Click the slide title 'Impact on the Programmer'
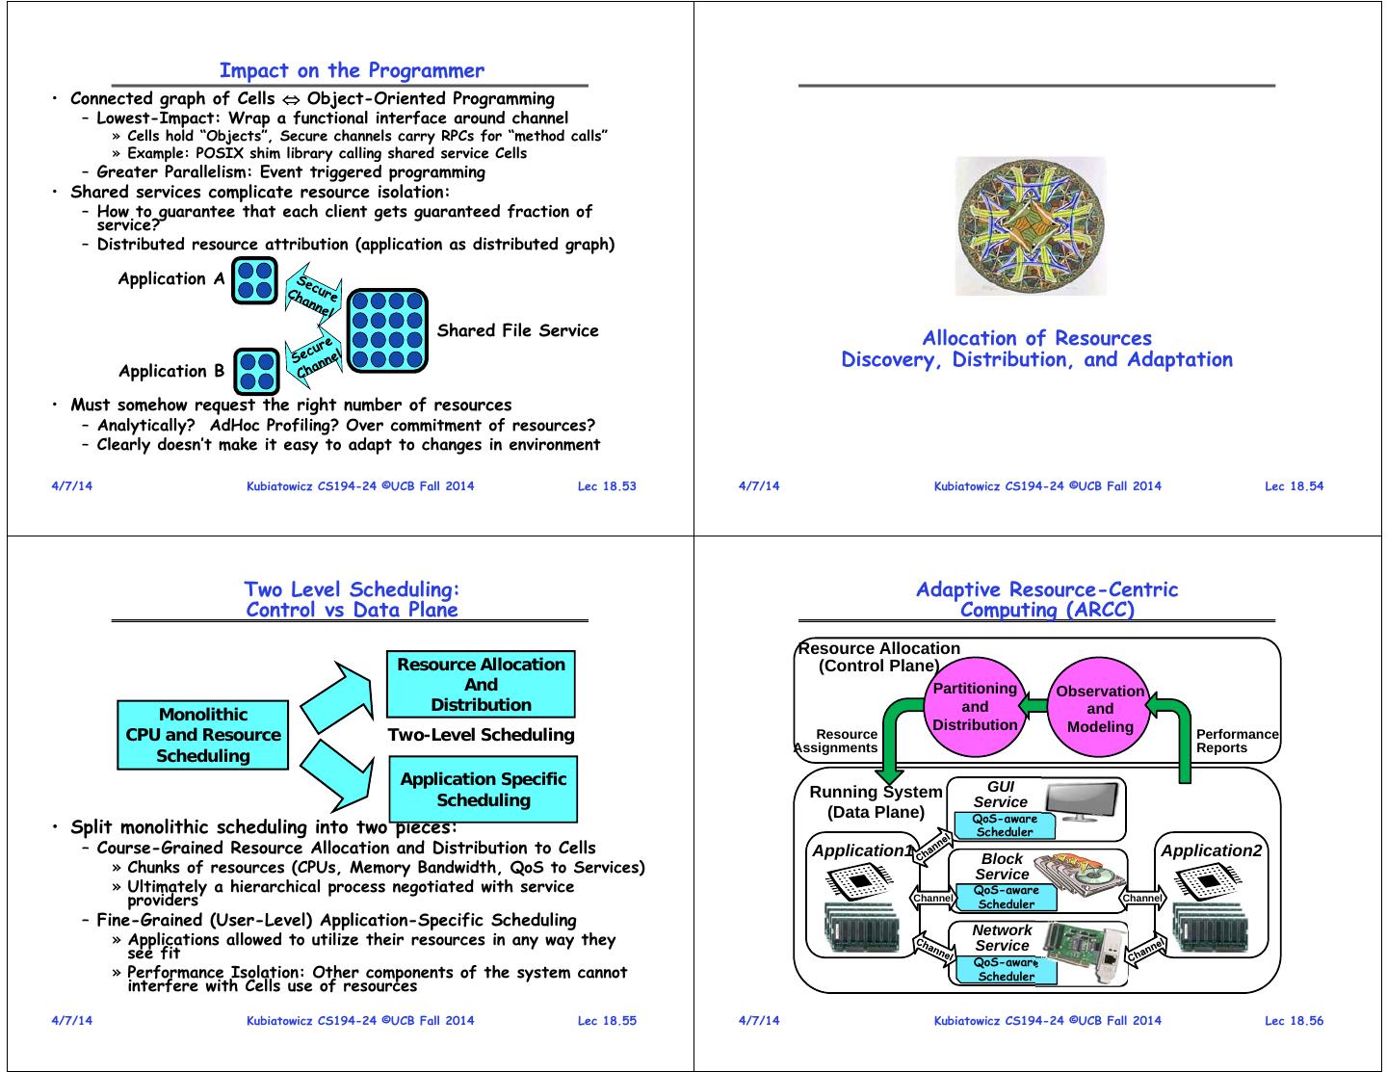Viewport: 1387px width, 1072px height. pyautogui.click(x=352, y=70)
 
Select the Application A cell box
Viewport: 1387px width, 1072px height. pyautogui.click(x=254, y=280)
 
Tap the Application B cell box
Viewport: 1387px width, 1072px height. pyautogui.click(x=257, y=372)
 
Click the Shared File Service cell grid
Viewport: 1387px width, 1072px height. pyautogui.click(x=386, y=330)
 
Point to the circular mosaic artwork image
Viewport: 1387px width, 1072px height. pyautogui.click(x=1030, y=226)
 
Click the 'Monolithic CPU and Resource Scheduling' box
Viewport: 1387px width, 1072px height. pyautogui.click(x=203, y=735)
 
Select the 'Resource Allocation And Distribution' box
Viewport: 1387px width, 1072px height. pyautogui.click(x=481, y=685)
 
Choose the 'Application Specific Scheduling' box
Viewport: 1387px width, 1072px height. pyautogui.click(x=483, y=790)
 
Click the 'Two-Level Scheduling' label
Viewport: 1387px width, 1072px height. pyautogui.click(x=481, y=735)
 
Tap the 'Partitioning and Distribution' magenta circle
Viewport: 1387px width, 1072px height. pyautogui.click(x=975, y=707)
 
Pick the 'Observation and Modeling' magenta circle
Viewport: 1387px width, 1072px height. pyautogui.click(x=1100, y=709)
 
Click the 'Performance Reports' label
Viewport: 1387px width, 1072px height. pyautogui.click(x=1237, y=741)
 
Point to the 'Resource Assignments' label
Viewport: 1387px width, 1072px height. pyautogui.click(x=837, y=741)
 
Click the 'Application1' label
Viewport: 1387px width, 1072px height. pyautogui.click(x=861, y=850)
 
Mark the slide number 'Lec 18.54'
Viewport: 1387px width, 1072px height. pyautogui.click(x=1294, y=486)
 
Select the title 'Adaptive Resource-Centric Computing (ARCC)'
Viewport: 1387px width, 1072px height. pyautogui.click(x=1047, y=599)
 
